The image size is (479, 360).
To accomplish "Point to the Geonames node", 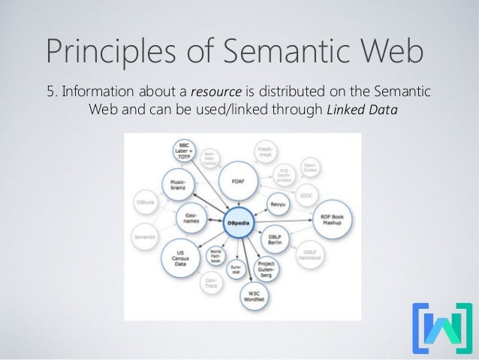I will coord(191,218).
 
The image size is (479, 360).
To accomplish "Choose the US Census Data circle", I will coord(180,258).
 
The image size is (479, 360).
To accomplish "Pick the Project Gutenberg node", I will coord(267,268).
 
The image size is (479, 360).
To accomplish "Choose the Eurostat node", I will coord(236,268).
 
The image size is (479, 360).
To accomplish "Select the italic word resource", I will coord(216,92).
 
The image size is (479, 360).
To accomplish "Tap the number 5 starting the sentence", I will coord(50,92).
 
